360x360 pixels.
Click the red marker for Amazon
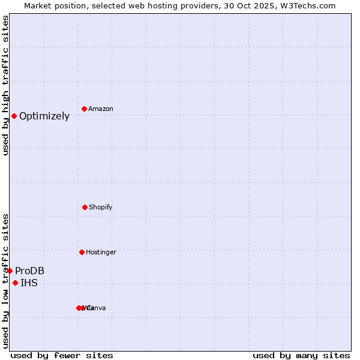tap(84, 109)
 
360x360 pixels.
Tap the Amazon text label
tap(101, 109)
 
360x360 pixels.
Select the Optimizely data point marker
tap(14, 116)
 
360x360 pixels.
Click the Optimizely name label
tap(44, 116)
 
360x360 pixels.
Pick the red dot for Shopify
tap(85, 207)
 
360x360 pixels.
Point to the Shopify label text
tap(101, 208)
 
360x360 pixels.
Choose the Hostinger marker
tap(82, 252)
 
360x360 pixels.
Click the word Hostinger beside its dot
tap(101, 253)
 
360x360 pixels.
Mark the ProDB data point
tap(10, 271)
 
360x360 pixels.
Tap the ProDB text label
tap(30, 271)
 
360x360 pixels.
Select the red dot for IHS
tap(15, 283)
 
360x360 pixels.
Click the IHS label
tap(29, 283)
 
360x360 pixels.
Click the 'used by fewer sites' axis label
tap(62, 355)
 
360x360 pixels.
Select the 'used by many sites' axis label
tap(301, 355)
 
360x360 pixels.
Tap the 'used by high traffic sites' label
tap(6, 85)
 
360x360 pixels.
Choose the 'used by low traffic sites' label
tap(6, 280)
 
